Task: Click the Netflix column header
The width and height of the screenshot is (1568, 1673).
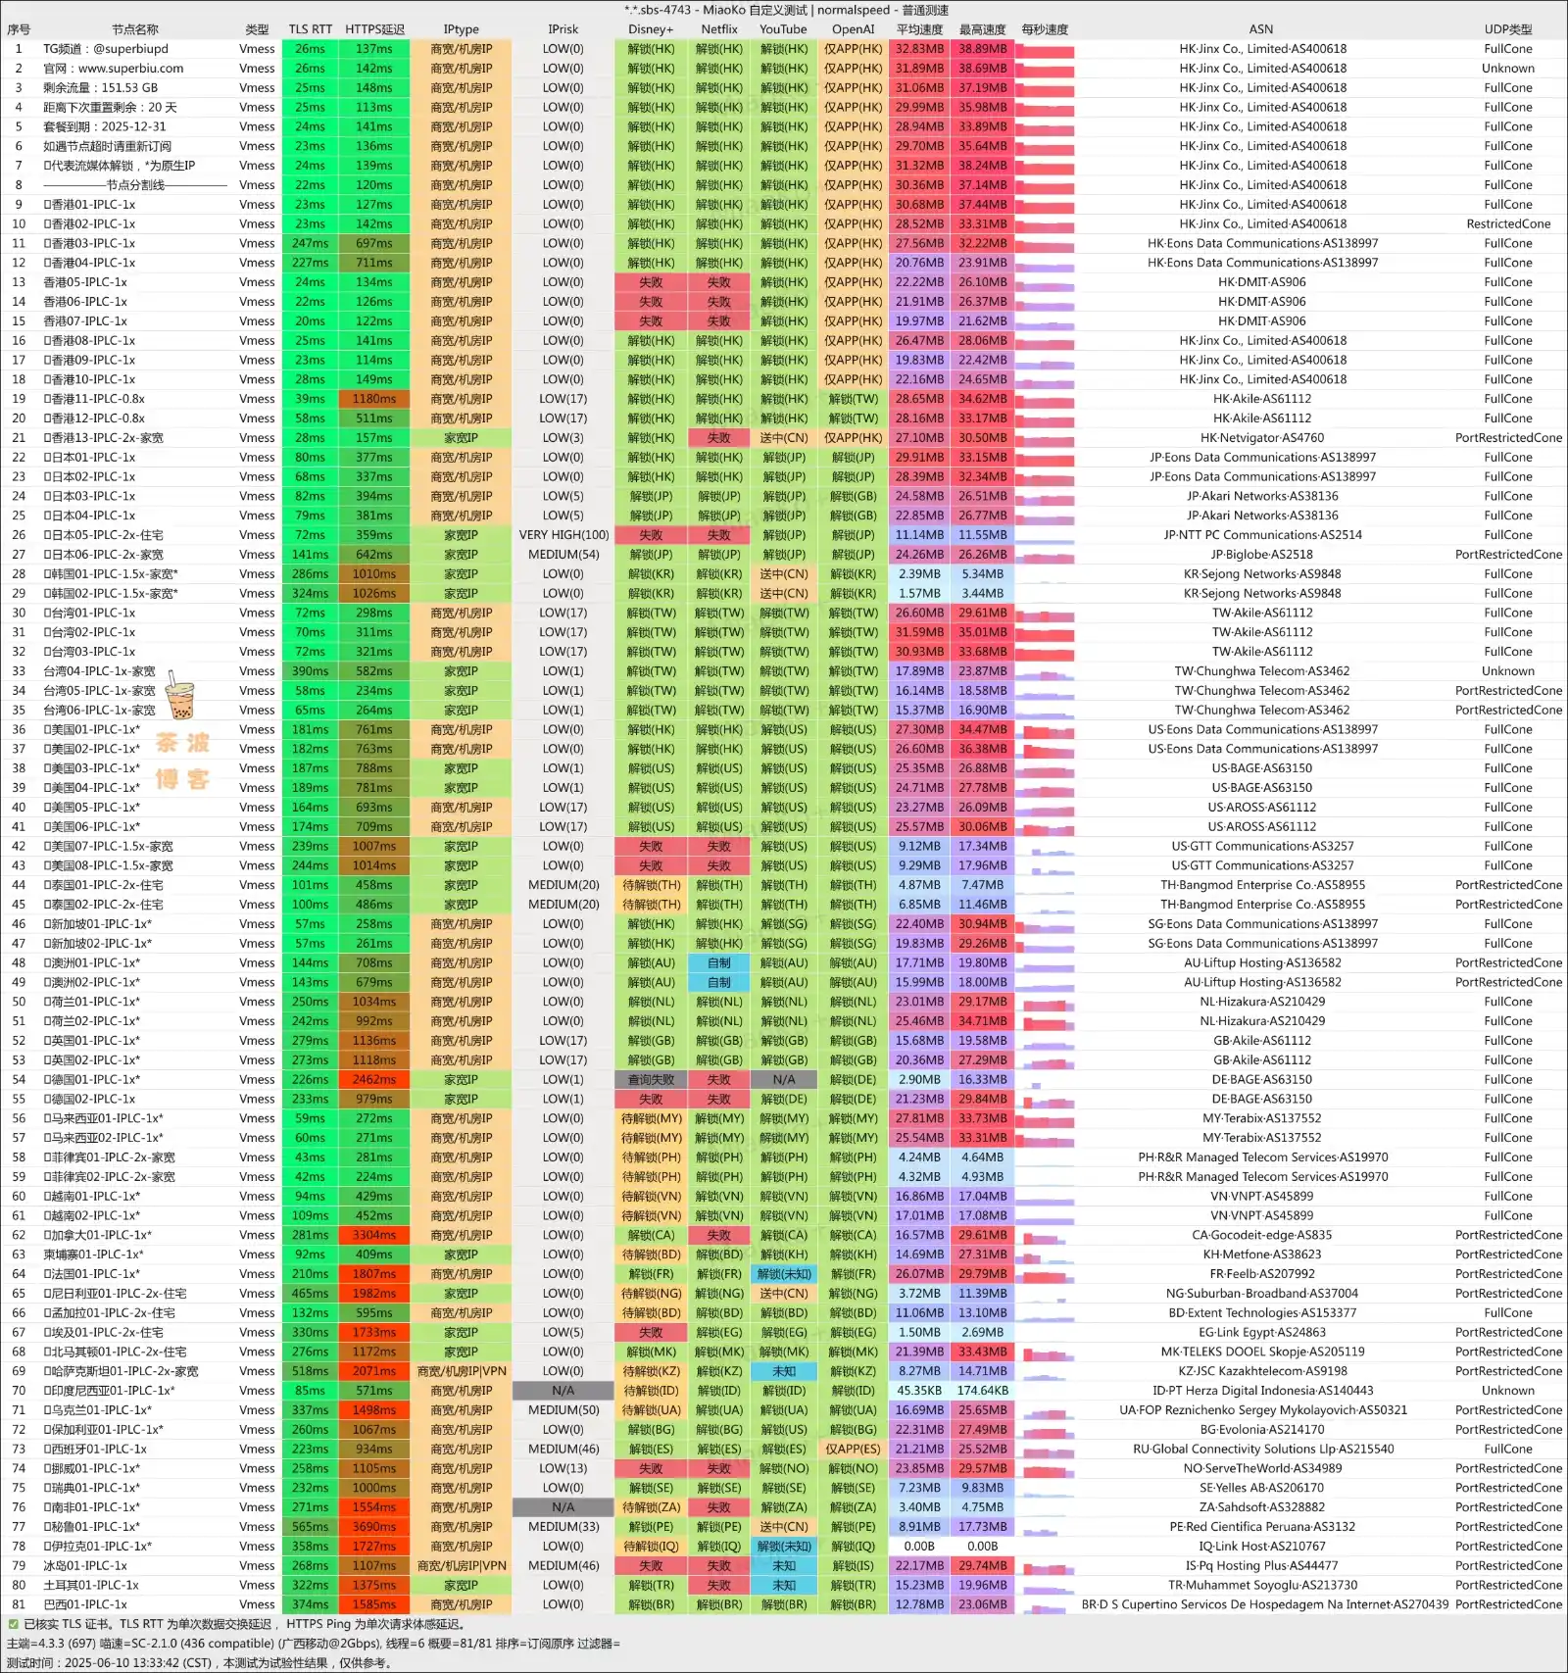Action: pyautogui.click(x=718, y=29)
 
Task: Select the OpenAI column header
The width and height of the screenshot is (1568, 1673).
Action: pyautogui.click(x=853, y=29)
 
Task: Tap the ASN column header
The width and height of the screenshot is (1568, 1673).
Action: pyautogui.click(x=1261, y=29)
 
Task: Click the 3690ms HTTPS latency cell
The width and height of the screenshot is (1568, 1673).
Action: pyautogui.click(x=374, y=1527)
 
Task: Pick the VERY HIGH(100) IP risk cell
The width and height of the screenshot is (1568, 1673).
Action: pyautogui.click(x=563, y=535)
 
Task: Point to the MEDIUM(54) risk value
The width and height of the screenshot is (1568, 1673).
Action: pyautogui.click(x=563, y=555)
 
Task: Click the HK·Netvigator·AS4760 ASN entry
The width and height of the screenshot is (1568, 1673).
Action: pyautogui.click(x=1262, y=438)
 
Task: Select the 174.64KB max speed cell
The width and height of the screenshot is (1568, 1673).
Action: pyautogui.click(x=982, y=1391)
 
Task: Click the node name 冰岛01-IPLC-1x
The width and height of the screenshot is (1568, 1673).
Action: pyautogui.click(x=85, y=1566)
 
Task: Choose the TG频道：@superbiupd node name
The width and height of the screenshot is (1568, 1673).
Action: pyautogui.click(x=106, y=49)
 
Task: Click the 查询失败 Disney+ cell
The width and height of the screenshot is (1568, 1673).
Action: pyautogui.click(x=651, y=1080)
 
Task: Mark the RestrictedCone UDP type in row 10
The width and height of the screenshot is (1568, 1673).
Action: pyautogui.click(x=1507, y=224)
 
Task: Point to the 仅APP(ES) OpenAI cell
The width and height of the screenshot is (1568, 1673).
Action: pyautogui.click(x=853, y=1450)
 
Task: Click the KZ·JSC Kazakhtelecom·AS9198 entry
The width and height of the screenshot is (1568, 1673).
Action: pyautogui.click(x=1262, y=1371)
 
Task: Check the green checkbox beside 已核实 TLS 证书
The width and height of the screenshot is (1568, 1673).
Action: pyautogui.click(x=13, y=1624)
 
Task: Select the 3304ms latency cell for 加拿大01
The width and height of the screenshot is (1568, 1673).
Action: pyautogui.click(x=374, y=1236)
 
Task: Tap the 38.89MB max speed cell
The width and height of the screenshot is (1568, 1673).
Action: pyautogui.click(x=982, y=49)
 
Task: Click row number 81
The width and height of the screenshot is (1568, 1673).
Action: pyautogui.click(x=19, y=1604)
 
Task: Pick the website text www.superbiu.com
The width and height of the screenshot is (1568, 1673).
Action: pyautogui.click(x=130, y=69)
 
